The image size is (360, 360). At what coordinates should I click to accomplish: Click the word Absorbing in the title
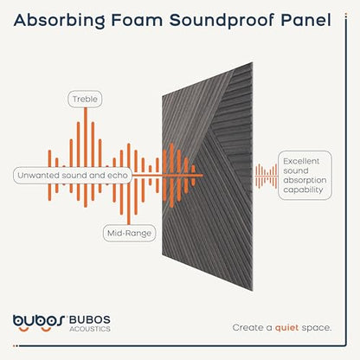pos(60,21)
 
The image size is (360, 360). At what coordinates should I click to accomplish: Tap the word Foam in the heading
pos(137,20)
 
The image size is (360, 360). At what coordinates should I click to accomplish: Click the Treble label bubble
pos(85,99)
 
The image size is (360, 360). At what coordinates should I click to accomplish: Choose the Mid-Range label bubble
pos(129,233)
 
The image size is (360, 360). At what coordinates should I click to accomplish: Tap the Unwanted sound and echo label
pos(73,175)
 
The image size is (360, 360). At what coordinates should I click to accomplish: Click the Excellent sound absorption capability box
pos(305,176)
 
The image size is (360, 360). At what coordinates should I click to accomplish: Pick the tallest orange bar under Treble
pos(86,157)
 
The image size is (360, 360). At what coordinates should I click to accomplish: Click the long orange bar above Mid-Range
pos(129,183)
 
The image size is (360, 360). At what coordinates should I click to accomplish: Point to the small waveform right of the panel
pos(266,176)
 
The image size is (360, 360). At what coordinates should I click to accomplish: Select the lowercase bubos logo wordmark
pos(39,322)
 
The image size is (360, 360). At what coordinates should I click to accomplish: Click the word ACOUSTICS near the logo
pos(90,329)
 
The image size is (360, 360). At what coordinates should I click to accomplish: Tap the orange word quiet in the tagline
pos(286,328)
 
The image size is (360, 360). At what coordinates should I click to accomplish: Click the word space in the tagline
pos(317,329)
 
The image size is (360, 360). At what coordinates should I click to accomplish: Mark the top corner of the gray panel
pos(253,62)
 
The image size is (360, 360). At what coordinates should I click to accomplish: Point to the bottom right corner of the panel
pos(253,291)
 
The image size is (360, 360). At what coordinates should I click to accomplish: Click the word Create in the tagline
pos(248,328)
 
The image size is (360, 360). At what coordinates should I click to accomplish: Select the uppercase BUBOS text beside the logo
pos(90,319)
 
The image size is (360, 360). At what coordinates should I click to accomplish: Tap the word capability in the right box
pos(303,190)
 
